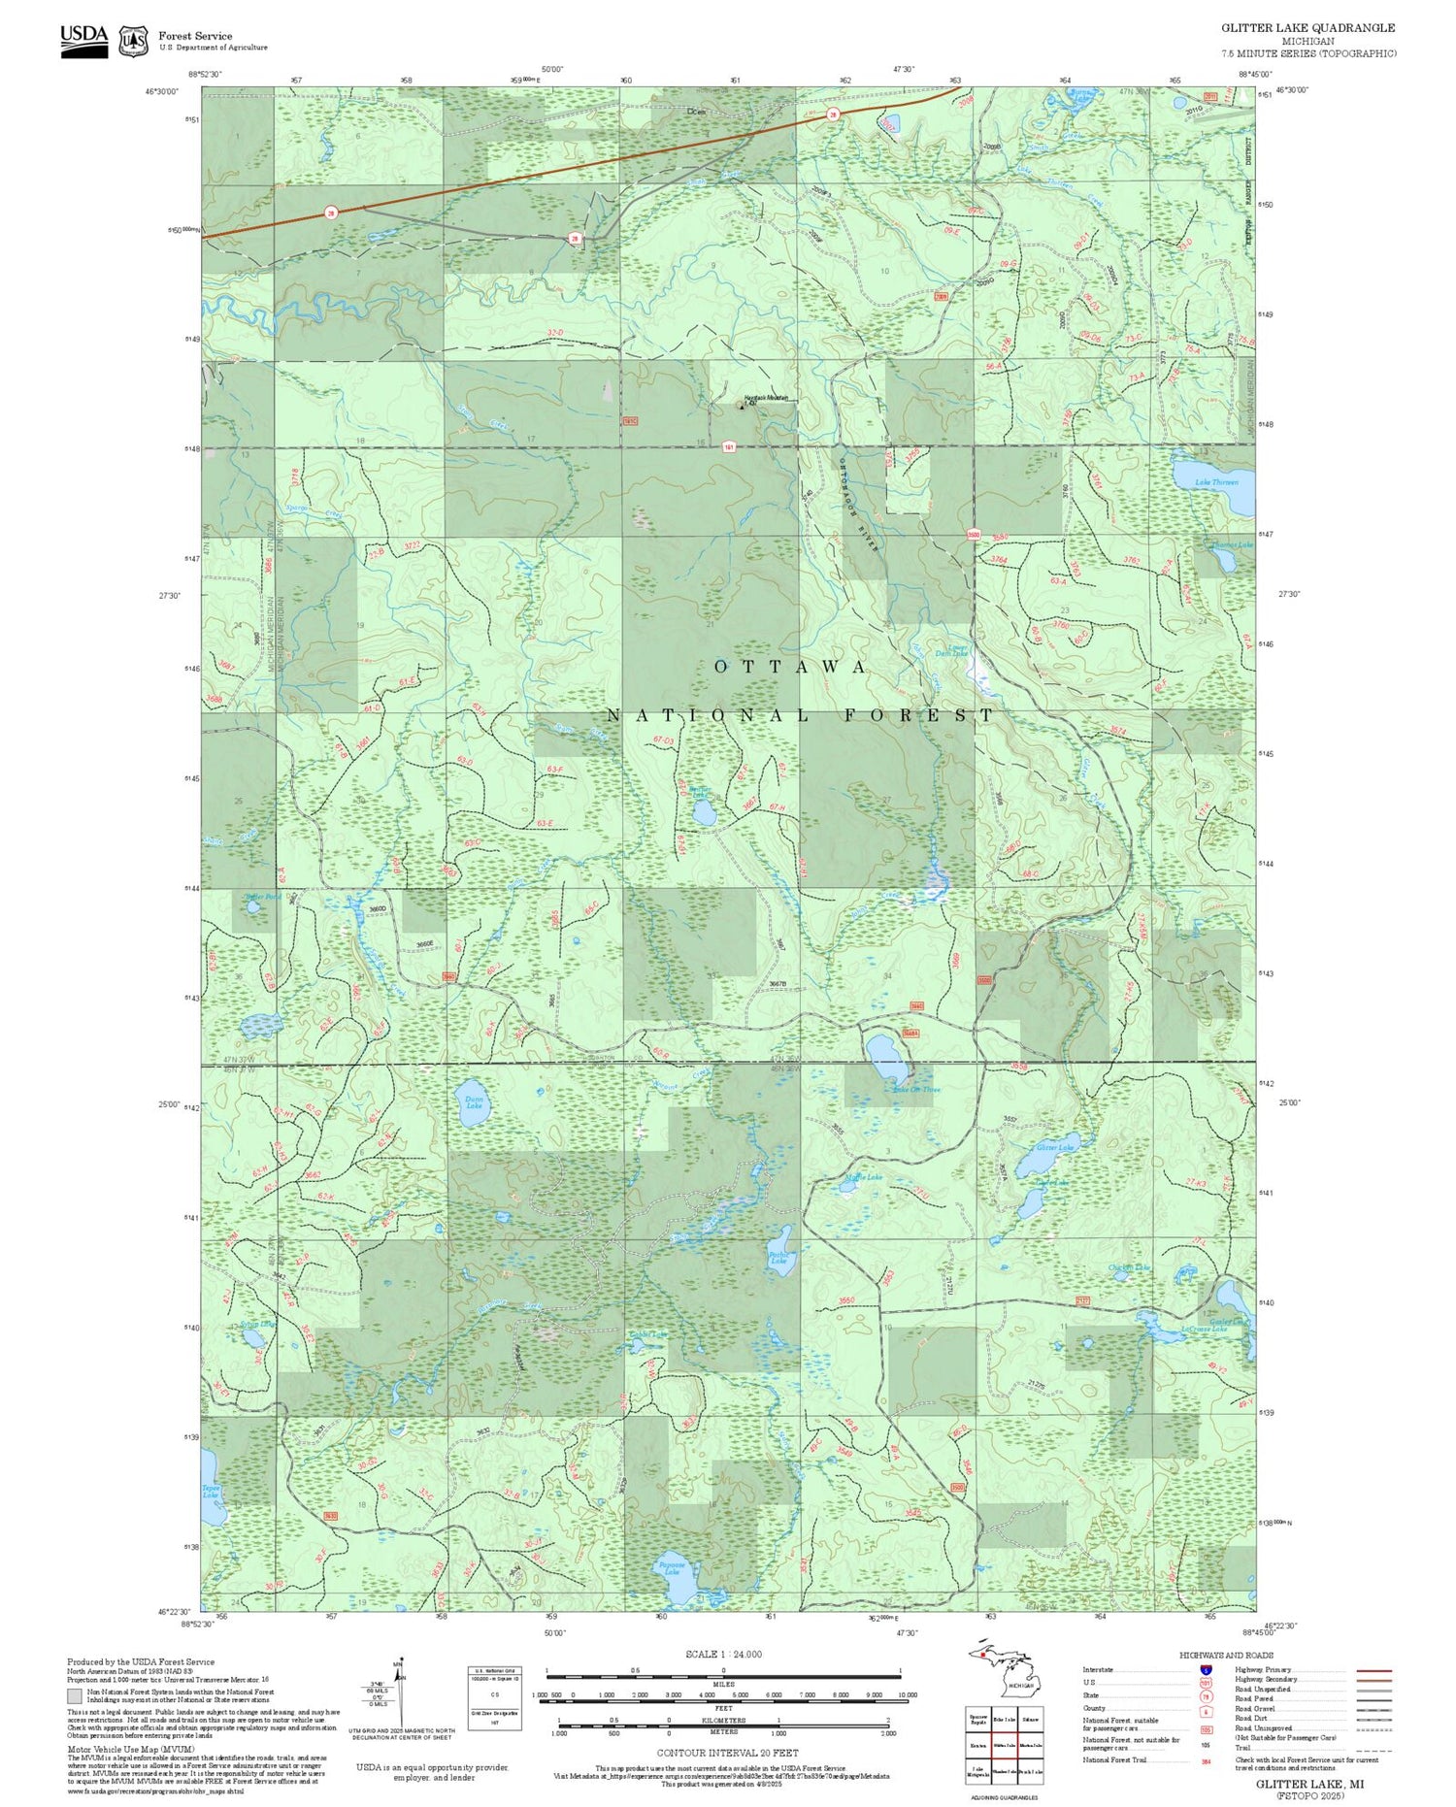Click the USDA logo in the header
coord(83,40)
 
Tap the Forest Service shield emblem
coord(133,41)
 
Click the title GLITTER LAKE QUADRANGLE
coord(1307,28)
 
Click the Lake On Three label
coord(917,1089)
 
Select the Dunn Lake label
coord(474,1101)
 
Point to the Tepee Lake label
coord(211,1492)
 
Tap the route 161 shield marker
coord(728,447)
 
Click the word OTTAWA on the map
coord(790,667)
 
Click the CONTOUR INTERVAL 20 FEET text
coord(727,1753)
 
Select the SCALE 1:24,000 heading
coord(723,1655)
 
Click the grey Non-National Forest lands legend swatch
coord(75,1696)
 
